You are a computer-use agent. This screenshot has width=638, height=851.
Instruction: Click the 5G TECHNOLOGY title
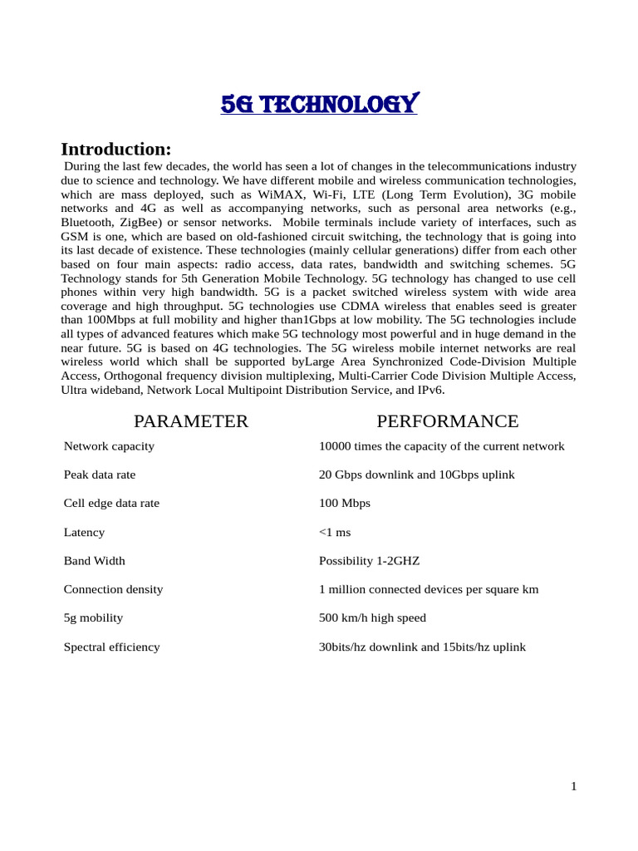coord(319,105)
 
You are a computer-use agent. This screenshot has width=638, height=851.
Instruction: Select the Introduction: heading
coord(115,150)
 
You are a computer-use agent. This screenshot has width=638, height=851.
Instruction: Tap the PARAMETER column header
coord(191,421)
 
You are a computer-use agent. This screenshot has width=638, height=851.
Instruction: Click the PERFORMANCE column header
coord(447,421)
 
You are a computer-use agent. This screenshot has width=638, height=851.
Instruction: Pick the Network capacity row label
coord(109,446)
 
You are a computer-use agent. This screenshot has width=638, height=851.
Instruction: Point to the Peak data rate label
coord(100,475)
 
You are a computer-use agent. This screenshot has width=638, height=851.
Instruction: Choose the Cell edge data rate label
coord(111,504)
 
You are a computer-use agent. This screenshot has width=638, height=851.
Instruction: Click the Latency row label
coord(84,532)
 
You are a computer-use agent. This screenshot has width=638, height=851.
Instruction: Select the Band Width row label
coord(95,561)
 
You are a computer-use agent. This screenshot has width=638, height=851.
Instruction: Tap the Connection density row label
coord(113,589)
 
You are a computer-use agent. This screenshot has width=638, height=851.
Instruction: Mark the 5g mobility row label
coord(93,618)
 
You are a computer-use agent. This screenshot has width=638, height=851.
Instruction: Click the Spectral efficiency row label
coord(111,647)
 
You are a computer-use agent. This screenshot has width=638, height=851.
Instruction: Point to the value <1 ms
coord(335,532)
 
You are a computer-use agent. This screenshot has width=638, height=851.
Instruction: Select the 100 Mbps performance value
coord(345,504)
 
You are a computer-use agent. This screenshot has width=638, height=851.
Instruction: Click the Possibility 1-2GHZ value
coord(369,561)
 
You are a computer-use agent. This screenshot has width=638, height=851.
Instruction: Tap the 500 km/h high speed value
coord(372,618)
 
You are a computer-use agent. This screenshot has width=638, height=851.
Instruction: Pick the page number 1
coord(573,787)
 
